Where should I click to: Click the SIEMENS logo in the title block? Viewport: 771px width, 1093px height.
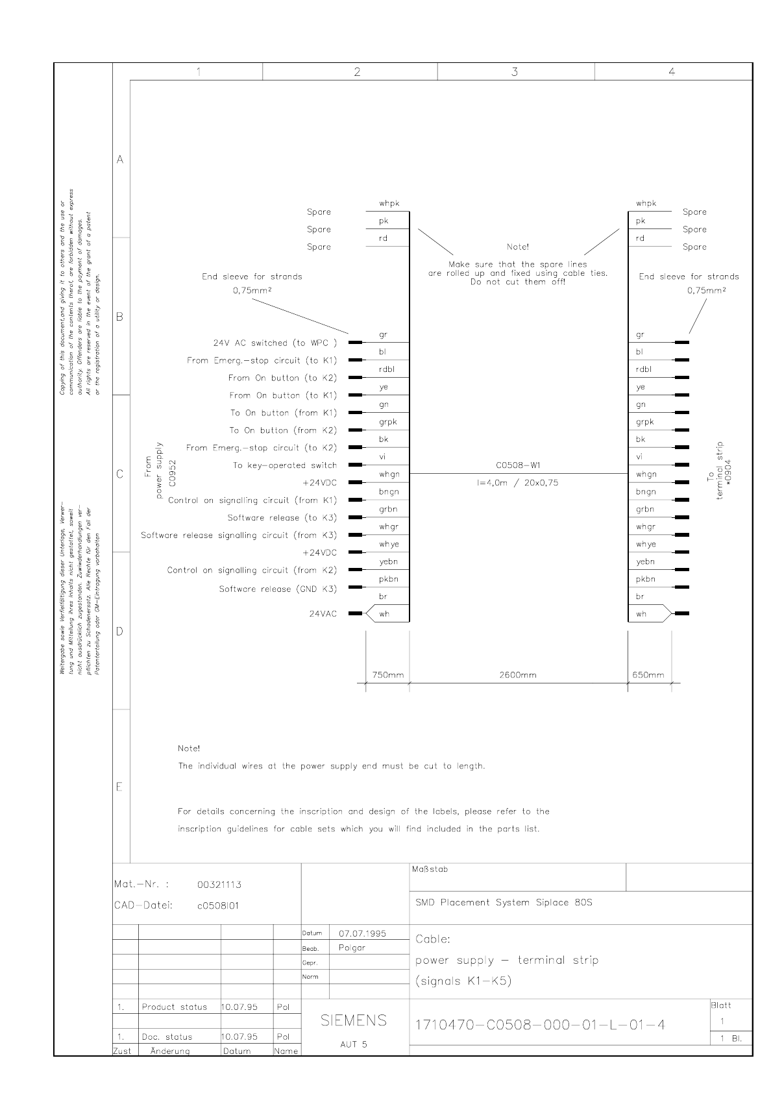[354, 1020]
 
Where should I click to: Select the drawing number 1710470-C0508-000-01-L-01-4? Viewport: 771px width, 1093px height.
[540, 1025]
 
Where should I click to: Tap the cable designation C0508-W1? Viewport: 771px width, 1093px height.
[518, 465]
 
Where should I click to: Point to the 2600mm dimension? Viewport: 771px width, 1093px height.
[518, 675]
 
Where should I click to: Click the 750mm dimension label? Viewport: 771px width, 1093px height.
[388, 675]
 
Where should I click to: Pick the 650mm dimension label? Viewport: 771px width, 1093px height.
[648, 675]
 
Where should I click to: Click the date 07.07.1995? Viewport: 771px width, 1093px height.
[362, 933]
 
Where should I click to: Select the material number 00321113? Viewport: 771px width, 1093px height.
[219, 884]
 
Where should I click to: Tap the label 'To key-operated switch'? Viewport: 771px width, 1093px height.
[285, 465]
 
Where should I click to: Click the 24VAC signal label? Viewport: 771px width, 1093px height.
[323, 613]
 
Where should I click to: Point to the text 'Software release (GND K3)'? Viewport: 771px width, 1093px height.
[278, 589]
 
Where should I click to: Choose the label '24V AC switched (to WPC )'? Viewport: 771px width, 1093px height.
[275, 343]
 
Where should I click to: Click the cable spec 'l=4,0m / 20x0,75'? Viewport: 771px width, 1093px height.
[518, 483]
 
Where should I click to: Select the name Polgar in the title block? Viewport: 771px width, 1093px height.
[352, 948]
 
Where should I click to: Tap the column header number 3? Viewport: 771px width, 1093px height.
[515, 72]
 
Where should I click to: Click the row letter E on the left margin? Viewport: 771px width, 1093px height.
[119, 787]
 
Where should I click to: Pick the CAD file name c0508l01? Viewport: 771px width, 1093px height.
[218, 905]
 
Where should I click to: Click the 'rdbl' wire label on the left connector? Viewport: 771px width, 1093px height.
[387, 369]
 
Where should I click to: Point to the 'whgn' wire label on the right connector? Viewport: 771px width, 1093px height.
[646, 474]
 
